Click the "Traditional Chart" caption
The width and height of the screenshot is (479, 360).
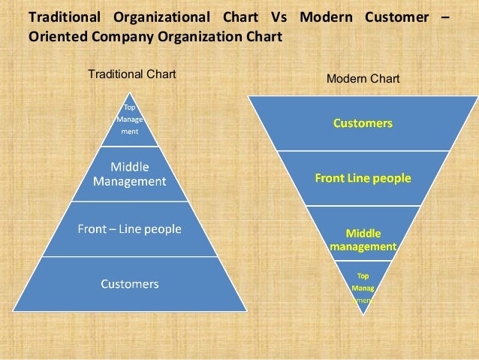coord(131,74)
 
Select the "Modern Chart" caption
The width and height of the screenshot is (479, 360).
coord(363,78)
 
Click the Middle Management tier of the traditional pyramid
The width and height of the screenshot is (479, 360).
coord(130,174)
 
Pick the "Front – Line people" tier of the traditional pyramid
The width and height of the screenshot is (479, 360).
coord(130,229)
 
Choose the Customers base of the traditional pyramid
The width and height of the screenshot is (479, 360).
coord(130,284)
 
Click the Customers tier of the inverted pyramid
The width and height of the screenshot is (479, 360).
coord(363,123)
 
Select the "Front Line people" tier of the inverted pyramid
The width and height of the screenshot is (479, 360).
coord(363,179)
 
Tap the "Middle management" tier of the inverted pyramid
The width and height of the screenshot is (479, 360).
coord(363,239)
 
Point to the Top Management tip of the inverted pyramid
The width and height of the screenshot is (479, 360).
coord(363,286)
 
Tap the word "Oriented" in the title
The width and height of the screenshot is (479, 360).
coord(56,35)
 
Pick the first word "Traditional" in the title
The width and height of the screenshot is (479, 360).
coord(63,16)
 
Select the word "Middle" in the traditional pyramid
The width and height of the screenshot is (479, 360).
coord(130,167)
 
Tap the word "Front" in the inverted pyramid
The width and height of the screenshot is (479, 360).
coord(330,179)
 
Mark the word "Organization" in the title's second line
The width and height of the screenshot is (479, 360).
coord(198,35)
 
